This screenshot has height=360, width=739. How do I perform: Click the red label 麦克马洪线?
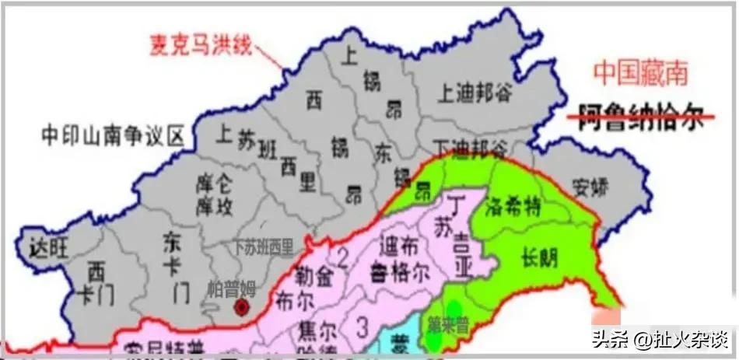point(200,44)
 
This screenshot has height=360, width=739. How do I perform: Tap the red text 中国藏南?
point(640,73)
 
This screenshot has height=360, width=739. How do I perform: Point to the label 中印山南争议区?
point(113,137)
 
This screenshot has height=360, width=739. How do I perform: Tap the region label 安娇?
point(590,187)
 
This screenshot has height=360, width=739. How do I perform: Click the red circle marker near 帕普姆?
point(242,307)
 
